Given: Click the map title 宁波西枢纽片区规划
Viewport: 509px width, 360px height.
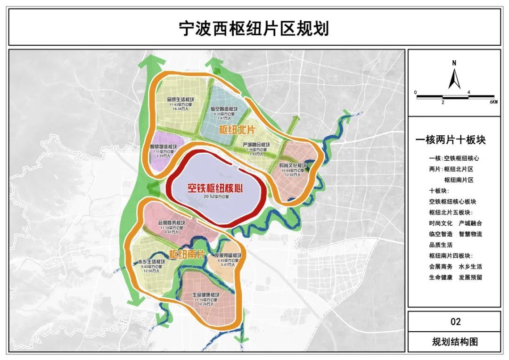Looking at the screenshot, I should (254, 29).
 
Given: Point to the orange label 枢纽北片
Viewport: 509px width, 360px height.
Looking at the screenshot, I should (237, 129).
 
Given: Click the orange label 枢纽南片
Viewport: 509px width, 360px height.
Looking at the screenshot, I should (187, 254).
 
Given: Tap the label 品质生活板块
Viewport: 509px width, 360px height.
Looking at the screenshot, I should (181, 100).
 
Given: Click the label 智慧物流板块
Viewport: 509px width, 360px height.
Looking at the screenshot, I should (164, 147).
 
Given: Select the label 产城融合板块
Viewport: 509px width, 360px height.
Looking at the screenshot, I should (256, 144).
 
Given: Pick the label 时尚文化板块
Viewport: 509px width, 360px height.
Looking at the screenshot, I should (293, 166).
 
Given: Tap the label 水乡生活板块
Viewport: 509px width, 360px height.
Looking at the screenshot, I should (151, 262).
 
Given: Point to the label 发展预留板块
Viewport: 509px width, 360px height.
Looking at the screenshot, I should (226, 255).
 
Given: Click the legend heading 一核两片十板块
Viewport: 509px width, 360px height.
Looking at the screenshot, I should (451, 140).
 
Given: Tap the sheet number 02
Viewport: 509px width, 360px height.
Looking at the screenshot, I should (455, 322).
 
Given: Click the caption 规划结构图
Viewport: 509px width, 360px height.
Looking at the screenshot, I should (455, 342).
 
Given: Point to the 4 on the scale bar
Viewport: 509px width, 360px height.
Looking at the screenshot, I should (468, 92).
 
